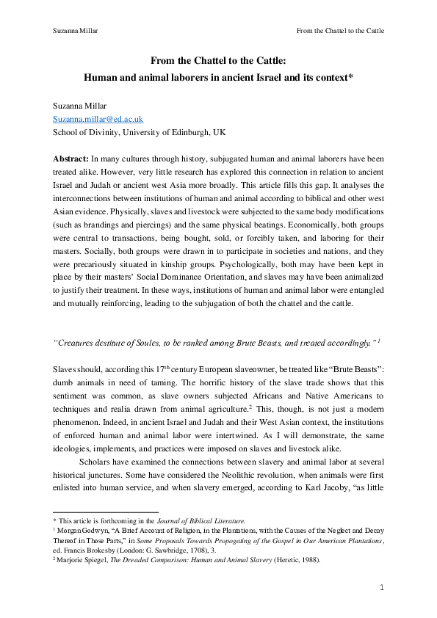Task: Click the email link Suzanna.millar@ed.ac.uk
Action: coord(98,118)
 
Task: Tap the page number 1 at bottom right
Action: coord(382,587)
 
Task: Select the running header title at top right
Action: coord(339,31)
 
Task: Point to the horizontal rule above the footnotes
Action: coord(105,512)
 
